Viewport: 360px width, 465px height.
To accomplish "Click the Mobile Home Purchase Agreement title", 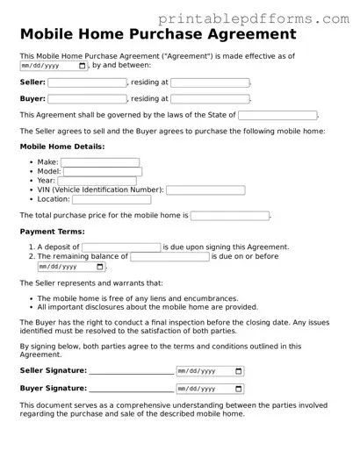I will pyautogui.click(x=157, y=35).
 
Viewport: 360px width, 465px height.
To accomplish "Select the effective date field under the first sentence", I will pyautogui.click(x=53, y=66).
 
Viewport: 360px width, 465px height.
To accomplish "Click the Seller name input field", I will pyautogui.click(x=87, y=82).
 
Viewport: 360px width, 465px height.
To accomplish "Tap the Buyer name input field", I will pyautogui.click(x=87, y=99).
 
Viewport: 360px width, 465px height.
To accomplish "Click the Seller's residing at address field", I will pyautogui.click(x=210, y=82).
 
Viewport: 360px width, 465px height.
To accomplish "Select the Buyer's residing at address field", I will pyautogui.click(x=210, y=99).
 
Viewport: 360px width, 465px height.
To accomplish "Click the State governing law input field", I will pyautogui.click(x=277, y=115).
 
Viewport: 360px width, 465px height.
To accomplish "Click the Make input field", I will pyautogui.click(x=100, y=162).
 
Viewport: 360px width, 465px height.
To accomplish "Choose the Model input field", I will pyautogui.click(x=103, y=172).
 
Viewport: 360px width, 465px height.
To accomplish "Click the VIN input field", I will pyautogui.click(x=205, y=190).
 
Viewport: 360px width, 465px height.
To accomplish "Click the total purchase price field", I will pyautogui.click(x=230, y=215).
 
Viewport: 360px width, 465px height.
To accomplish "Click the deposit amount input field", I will pyautogui.click(x=121, y=247).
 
